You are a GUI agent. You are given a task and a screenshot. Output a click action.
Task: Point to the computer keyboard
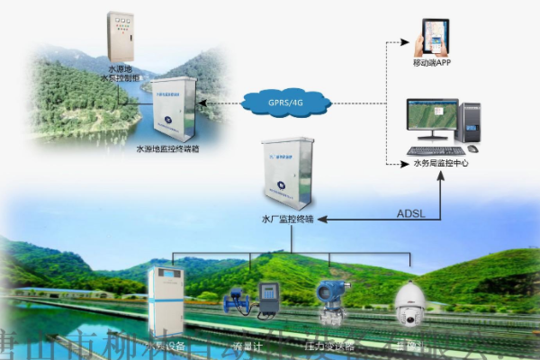[436, 150]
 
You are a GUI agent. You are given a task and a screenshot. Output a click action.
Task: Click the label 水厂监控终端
[284, 219]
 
